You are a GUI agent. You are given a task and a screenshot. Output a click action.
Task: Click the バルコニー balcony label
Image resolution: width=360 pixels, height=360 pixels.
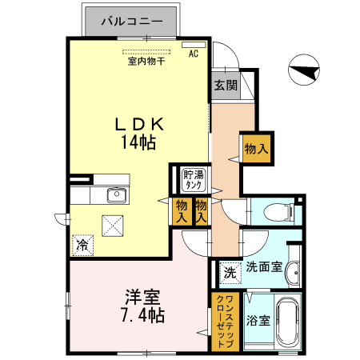coord(133,22)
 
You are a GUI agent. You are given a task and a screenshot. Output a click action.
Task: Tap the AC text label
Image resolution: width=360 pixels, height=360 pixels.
coord(193,54)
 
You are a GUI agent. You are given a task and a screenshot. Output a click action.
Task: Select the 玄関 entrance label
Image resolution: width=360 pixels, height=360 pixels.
coord(225,86)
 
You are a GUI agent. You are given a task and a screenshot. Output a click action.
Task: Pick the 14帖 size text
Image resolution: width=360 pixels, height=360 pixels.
coord(138,143)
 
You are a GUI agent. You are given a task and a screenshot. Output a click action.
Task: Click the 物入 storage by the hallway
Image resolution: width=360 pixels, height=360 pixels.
coord(255,150)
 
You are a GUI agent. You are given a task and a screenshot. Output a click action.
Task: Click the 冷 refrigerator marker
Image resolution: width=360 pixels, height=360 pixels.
coord(82,246)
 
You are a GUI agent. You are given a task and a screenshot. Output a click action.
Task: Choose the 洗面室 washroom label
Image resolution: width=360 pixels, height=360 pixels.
coord(264,267)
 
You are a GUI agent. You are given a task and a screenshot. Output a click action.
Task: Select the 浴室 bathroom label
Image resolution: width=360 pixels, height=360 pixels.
coord(258,320)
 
